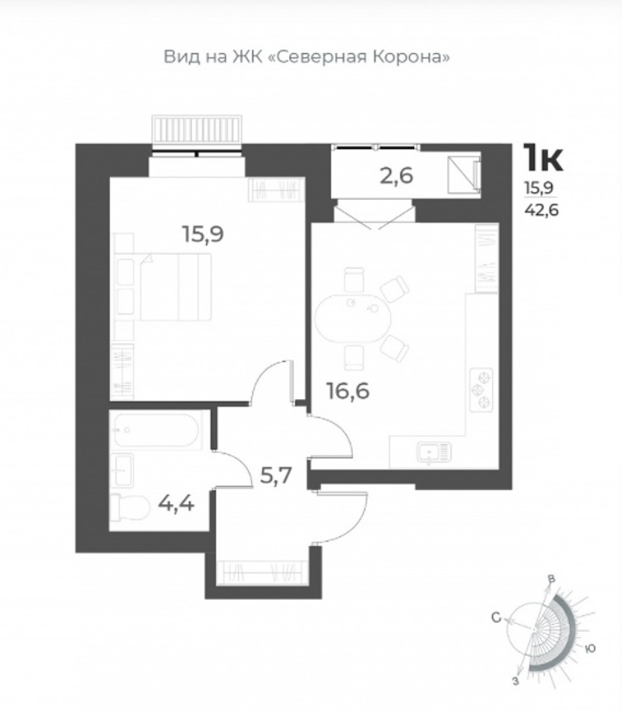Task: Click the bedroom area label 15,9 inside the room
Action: click(x=203, y=235)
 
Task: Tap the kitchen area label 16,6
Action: click(x=348, y=391)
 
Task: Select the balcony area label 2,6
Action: click(x=397, y=176)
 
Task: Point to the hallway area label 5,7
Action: click(x=276, y=475)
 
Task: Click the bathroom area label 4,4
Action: click(x=176, y=503)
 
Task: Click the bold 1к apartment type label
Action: click(x=543, y=157)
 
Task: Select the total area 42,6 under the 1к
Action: click(x=541, y=210)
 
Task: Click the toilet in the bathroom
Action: click(x=130, y=507)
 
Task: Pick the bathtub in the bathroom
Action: click(x=155, y=430)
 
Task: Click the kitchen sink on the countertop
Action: click(x=434, y=453)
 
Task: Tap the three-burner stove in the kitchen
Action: click(x=481, y=389)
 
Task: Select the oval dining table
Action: click(x=353, y=318)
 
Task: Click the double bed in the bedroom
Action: click(x=176, y=287)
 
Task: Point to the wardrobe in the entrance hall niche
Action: click(x=263, y=573)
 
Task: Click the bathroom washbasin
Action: click(x=122, y=470)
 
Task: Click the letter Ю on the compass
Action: click(x=590, y=649)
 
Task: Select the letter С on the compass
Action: click(x=496, y=617)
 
